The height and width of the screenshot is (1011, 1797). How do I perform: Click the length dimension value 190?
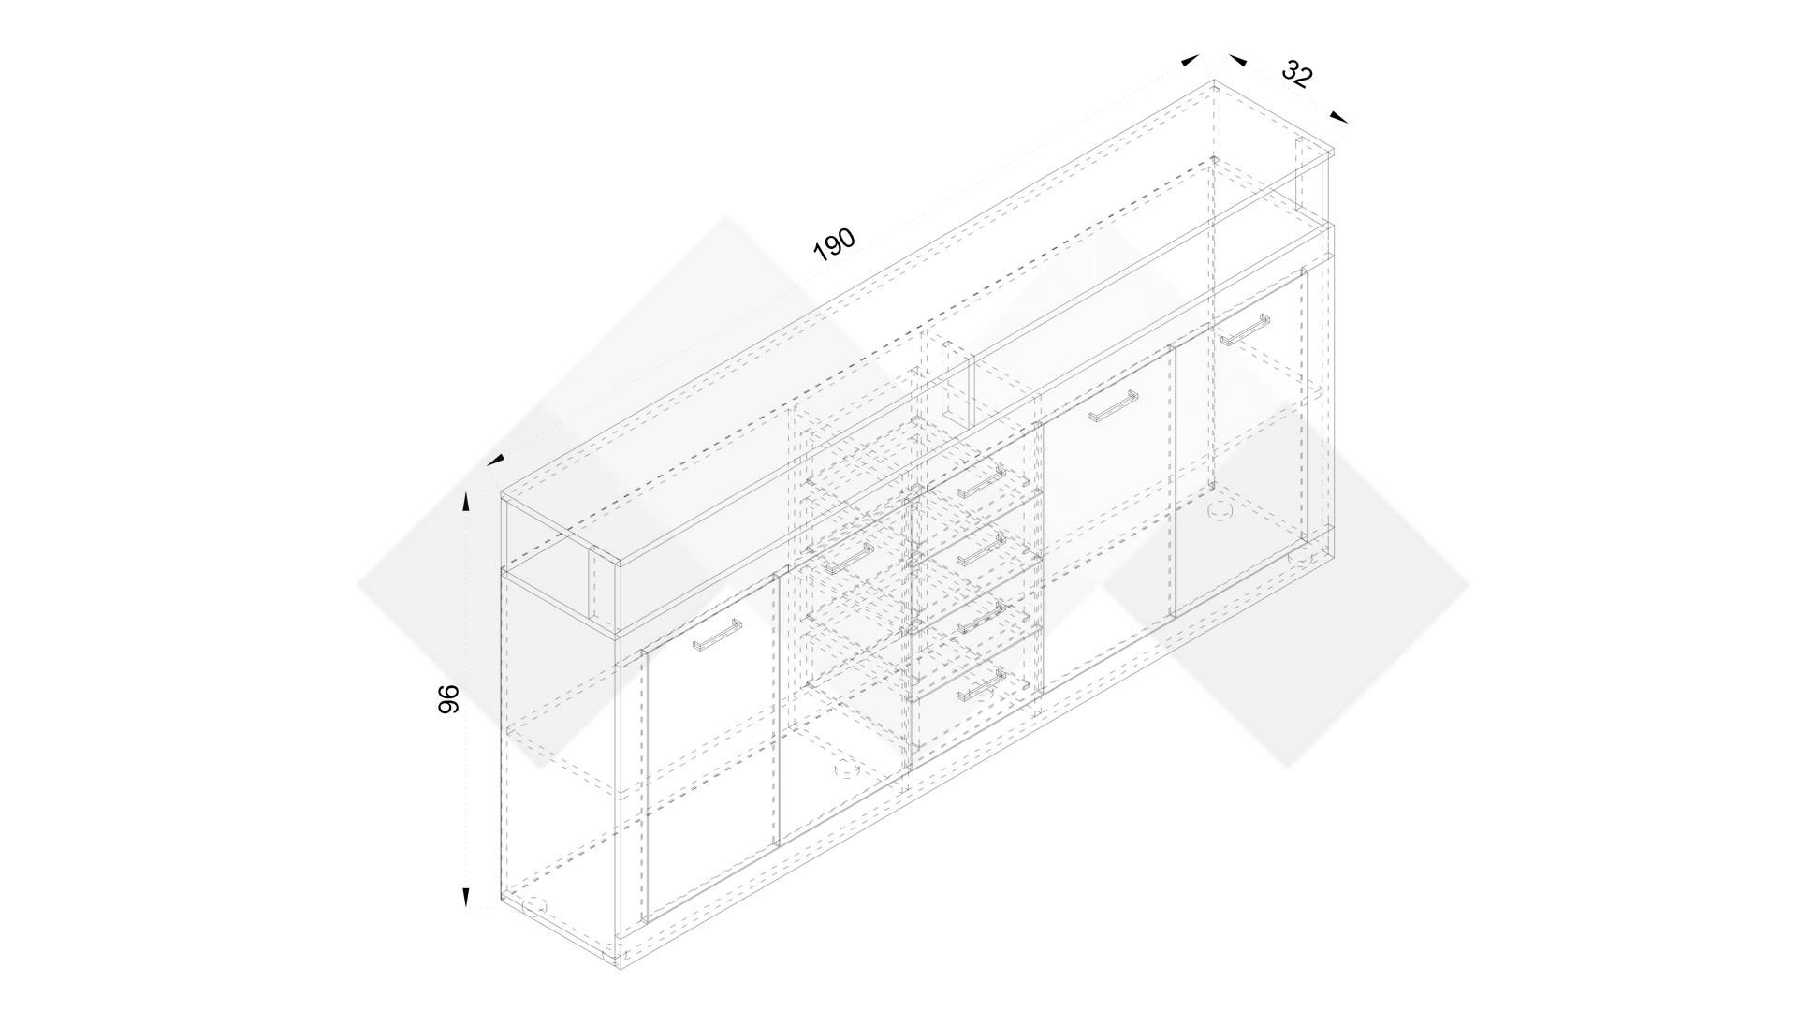pos(834,243)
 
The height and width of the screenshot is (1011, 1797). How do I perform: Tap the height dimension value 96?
pos(449,699)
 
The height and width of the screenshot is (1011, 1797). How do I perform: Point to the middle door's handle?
pos(1113,404)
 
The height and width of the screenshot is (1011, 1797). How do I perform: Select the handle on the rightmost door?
pos(1244,329)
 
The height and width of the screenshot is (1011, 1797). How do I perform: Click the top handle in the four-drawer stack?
pos(979,482)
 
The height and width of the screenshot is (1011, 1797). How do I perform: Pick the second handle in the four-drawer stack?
pos(979,549)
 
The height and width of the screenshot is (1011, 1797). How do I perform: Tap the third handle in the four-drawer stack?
pos(979,616)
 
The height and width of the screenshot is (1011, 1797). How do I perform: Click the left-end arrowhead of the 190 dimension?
pos(496,459)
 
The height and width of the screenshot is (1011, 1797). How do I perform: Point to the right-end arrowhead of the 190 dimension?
pos(1190,60)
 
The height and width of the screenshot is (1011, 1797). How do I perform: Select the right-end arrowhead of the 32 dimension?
pos(1339,117)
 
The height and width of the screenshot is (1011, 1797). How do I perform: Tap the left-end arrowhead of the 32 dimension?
pos(1237,60)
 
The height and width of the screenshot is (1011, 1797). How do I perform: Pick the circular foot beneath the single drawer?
pos(846,770)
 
